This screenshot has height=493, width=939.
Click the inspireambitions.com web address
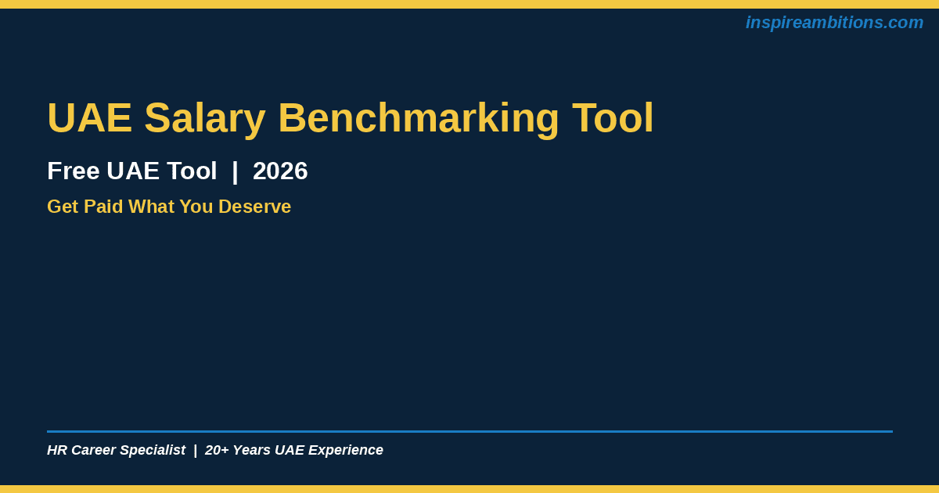point(834,23)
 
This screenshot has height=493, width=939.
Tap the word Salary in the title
point(205,119)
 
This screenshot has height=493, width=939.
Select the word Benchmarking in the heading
point(419,119)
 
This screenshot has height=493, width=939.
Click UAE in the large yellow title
point(90,117)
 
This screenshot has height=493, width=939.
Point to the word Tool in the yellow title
point(613,117)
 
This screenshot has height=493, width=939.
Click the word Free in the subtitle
point(74,171)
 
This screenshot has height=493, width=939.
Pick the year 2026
point(280,171)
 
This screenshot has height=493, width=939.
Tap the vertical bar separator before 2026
point(235,171)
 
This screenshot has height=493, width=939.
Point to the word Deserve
point(254,207)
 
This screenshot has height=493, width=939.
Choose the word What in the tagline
point(151,207)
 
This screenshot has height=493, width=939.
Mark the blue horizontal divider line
point(469,431)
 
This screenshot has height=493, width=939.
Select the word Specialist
point(153,451)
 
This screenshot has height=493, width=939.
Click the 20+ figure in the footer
point(217,450)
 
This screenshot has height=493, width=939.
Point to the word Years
point(251,450)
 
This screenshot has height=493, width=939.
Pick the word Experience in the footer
point(346,451)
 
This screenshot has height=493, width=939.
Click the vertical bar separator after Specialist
point(196,451)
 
